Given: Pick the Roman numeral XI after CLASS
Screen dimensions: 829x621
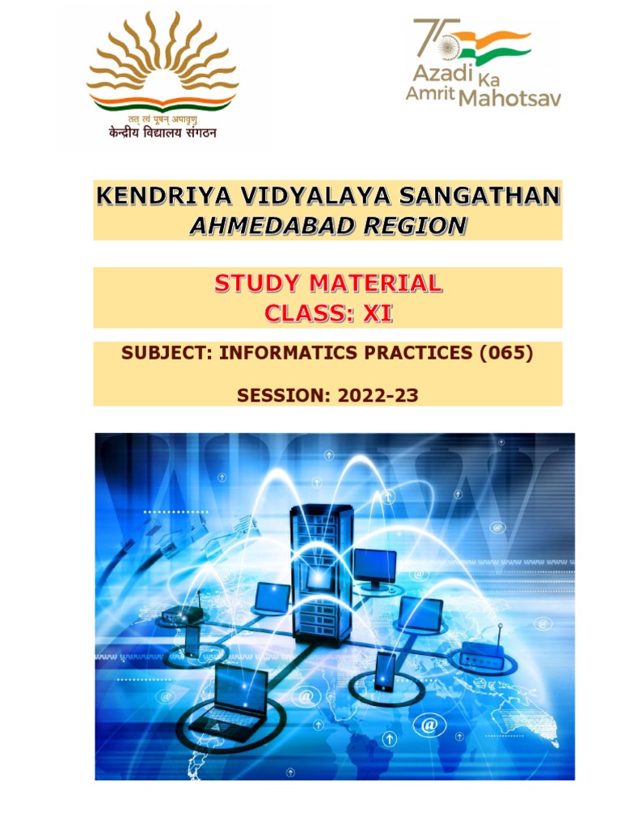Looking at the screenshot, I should pyautogui.click(x=376, y=313).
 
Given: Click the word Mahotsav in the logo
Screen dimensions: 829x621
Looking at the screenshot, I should pyautogui.click(x=509, y=98).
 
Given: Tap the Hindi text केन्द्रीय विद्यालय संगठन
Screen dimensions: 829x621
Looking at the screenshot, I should pyautogui.click(x=163, y=133).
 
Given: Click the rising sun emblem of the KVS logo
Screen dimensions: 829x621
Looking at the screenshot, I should pyautogui.click(x=162, y=61).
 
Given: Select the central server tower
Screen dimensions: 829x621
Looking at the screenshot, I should pyautogui.click(x=322, y=571).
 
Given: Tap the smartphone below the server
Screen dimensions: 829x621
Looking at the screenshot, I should pyautogui.click(x=385, y=671).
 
